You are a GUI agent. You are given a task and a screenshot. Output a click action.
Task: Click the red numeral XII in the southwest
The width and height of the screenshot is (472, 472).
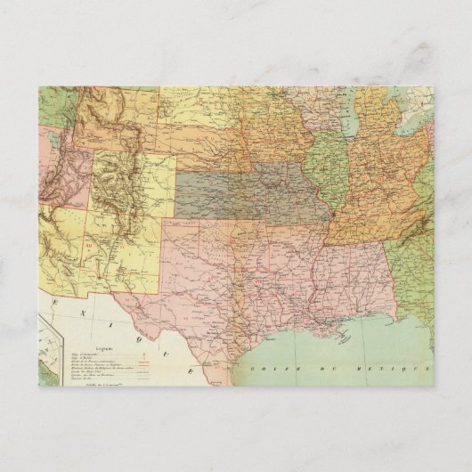[90, 240]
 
